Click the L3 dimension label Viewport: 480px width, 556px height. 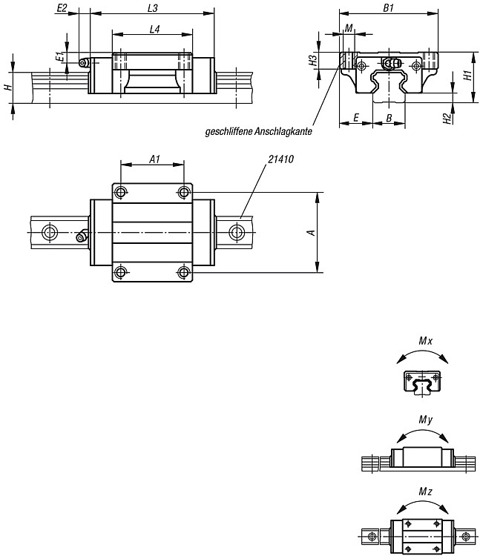pos(153,8)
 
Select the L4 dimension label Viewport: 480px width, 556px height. pos(154,29)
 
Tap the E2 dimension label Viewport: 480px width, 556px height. pos(62,8)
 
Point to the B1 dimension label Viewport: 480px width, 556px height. pos(389,8)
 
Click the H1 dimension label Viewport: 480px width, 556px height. pos(468,75)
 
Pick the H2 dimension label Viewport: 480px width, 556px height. pos(447,119)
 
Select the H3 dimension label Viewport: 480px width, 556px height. pos(312,60)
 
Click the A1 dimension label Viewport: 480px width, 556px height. pos(154,159)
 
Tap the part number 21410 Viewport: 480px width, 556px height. pos(280,159)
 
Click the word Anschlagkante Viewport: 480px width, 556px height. pos(283,131)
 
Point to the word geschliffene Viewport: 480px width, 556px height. pos(229,131)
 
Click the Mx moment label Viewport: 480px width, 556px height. pos(425,341)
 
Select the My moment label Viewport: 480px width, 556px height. pos(425,420)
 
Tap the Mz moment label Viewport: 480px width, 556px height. pos(425,492)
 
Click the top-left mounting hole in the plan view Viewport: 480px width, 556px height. pos(121,193)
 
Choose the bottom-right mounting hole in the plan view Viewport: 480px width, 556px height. pos(183,273)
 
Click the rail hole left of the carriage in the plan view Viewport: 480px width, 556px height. pos(49,232)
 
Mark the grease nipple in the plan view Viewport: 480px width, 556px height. pos(82,236)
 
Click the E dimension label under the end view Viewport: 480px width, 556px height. pos(356,117)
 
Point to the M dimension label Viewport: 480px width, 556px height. pos(349,28)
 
